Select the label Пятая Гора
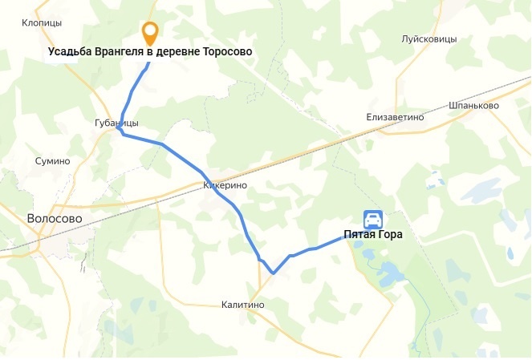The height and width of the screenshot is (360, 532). point(373,236)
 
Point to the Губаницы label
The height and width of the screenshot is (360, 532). point(116,123)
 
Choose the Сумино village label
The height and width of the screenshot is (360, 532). point(53,161)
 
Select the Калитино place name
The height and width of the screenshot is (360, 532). point(242,305)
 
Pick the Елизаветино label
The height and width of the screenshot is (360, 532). point(395,117)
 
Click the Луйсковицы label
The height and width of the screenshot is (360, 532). point(428,38)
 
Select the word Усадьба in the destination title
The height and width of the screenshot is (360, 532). point(70,52)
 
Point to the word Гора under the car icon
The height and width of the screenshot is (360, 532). point(388,236)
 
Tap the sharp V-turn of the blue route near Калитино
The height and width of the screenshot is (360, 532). point(274,273)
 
